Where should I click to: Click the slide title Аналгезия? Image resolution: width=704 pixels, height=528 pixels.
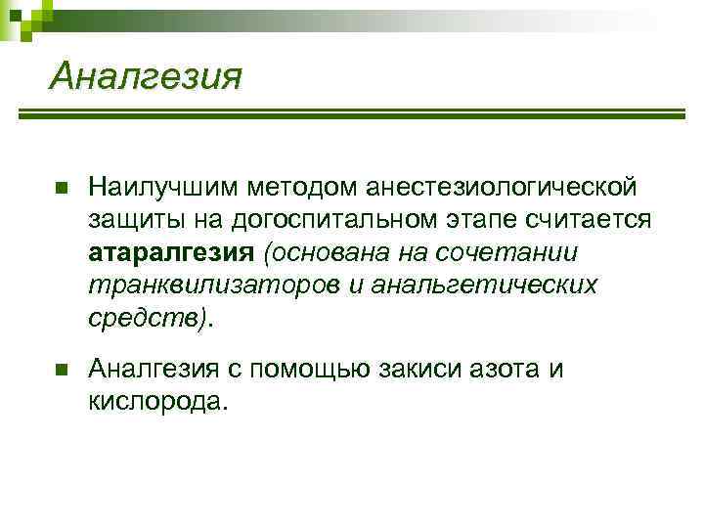pos(144,74)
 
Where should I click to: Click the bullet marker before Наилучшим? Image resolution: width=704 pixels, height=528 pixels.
pos(61,187)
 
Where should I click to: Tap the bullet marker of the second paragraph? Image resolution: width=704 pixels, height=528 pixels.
pos(61,370)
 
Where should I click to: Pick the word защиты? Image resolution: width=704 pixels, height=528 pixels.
pos(128,220)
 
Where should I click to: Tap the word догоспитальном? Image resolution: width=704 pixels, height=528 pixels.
pos(332,220)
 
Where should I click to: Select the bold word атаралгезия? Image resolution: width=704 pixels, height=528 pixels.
pos(171,252)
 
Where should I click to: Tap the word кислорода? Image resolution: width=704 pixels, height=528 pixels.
pos(156,402)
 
